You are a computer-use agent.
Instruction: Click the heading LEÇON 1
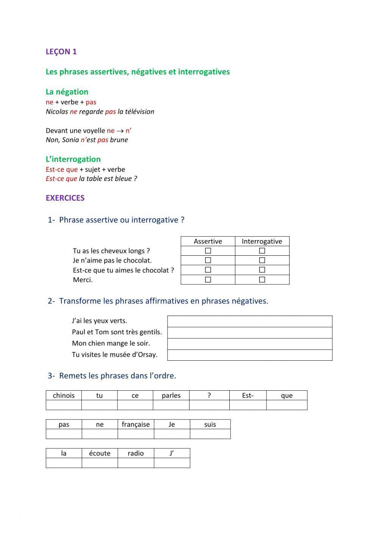61,52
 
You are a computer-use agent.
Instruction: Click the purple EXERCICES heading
65,198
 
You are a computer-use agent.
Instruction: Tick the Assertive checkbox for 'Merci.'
208,280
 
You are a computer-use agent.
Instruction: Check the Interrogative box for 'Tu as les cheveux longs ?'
262,251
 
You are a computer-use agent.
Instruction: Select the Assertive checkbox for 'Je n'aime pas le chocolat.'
208,260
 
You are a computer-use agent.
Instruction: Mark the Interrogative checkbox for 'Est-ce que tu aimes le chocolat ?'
262,270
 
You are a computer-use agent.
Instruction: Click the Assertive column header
208,241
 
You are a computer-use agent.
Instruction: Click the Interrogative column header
262,241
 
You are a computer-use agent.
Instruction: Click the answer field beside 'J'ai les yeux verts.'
249,321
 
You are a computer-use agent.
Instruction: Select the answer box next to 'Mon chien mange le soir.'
249,344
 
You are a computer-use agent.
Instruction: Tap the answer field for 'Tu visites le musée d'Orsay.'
249,355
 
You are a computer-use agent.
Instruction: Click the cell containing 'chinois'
64,395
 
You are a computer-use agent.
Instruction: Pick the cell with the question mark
209,395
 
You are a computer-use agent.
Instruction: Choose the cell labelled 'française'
136,424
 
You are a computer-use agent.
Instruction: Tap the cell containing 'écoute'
100,453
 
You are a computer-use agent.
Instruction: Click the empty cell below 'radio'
136,463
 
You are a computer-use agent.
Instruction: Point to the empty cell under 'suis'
210,434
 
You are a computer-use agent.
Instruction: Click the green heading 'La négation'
67,92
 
